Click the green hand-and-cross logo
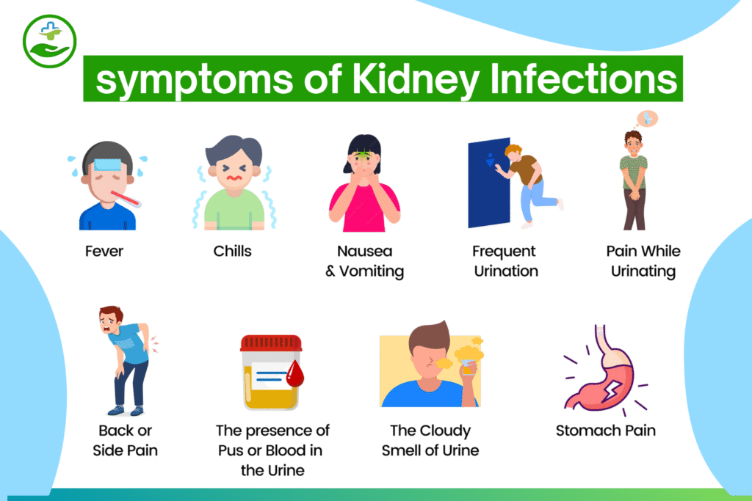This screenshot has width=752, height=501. point(48,40)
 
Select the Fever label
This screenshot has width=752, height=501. point(104,252)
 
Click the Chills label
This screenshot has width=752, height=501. point(232,252)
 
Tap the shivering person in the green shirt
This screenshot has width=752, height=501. point(232,183)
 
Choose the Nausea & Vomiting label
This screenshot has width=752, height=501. point(364,261)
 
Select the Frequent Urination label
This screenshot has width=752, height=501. point(505,261)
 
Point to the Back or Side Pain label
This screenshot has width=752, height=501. point(125,440)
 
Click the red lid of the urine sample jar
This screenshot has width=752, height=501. point(271,343)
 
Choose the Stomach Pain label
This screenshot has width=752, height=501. point(606,431)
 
